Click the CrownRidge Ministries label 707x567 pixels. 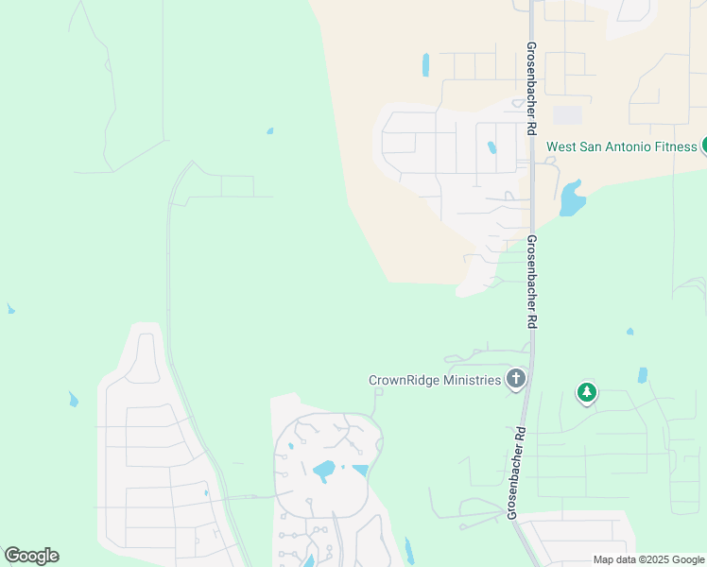tap(434, 380)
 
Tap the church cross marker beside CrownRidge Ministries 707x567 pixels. tap(515, 380)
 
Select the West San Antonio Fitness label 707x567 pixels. tap(622, 147)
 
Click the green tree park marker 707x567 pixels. tap(587, 392)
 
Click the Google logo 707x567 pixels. tap(31, 556)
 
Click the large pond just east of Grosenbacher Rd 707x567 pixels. tap(571, 199)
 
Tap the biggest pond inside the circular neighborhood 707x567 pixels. tap(324, 469)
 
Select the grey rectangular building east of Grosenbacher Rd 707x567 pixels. tap(567, 114)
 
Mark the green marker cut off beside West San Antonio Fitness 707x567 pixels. tap(704, 146)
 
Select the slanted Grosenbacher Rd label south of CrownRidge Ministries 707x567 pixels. tap(516, 472)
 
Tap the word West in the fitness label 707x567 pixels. tap(561, 147)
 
